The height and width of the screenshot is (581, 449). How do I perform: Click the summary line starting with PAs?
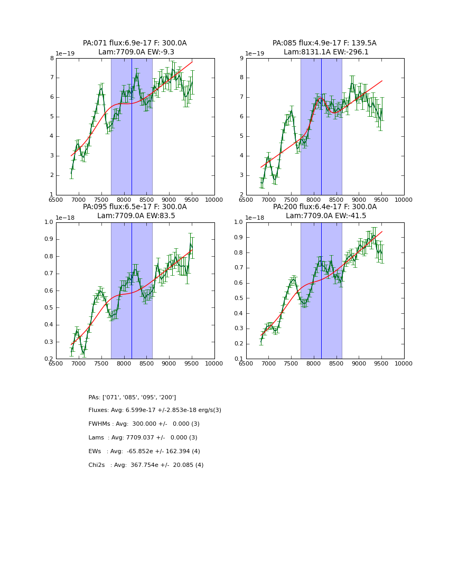coord(132,397)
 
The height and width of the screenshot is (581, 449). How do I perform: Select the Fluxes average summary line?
coord(155,410)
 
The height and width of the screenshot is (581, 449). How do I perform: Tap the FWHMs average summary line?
coord(144,424)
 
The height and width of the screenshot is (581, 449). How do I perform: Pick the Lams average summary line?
coord(143,438)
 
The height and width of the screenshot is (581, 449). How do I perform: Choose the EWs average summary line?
coord(144,452)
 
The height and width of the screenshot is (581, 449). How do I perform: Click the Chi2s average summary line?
coord(146,465)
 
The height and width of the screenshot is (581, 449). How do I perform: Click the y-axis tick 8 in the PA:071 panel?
coord(51,58)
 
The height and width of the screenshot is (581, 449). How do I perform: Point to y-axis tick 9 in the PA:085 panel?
coord(241,58)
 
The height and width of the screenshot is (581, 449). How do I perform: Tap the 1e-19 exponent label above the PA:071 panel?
coord(66,53)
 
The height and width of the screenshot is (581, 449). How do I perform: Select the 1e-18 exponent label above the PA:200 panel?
coord(255,218)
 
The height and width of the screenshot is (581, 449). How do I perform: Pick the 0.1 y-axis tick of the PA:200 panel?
coord(238,359)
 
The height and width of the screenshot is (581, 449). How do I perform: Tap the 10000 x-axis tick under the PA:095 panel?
coord(214,364)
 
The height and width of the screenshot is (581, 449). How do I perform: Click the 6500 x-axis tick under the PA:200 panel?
coord(246,364)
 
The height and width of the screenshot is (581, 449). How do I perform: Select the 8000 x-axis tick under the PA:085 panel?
coord(314,200)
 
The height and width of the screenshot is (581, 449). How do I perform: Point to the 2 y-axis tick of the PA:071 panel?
coord(51,175)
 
